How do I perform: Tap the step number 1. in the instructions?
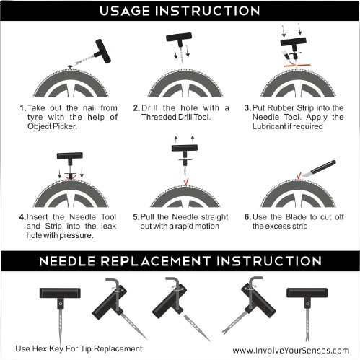(x=23, y=108)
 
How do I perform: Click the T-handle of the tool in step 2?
(x=177, y=38)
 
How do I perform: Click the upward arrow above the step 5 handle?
(x=177, y=137)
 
